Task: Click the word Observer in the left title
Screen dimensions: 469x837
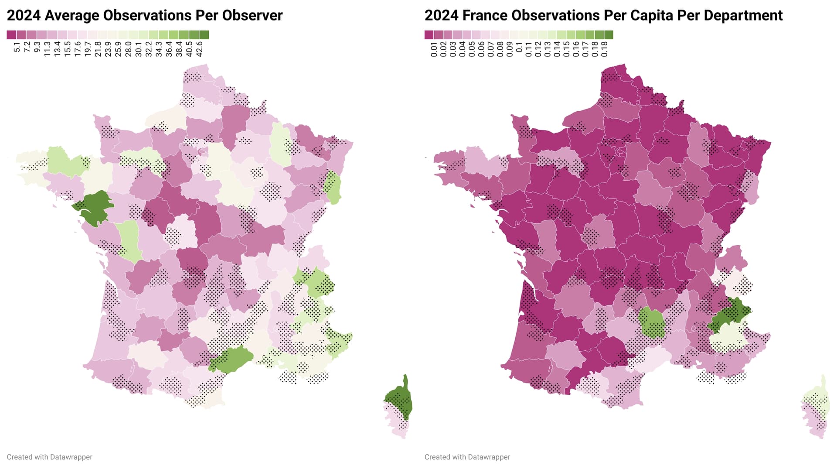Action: [x=252, y=15]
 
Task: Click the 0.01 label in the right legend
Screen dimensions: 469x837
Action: [x=434, y=49]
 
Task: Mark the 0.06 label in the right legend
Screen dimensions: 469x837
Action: [x=481, y=49]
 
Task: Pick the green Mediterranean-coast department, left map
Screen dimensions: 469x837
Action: [x=231, y=359]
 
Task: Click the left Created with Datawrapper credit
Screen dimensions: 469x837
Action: [x=49, y=457]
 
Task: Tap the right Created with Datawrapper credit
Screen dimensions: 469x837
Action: [x=467, y=457]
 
